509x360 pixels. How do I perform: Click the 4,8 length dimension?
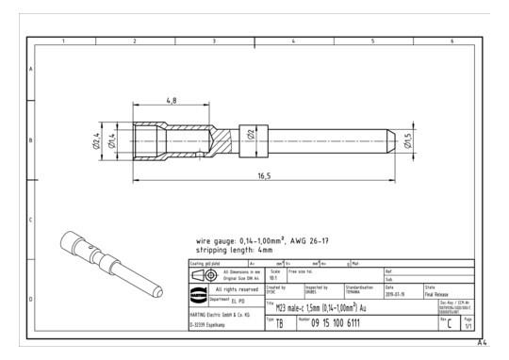pos(170,100)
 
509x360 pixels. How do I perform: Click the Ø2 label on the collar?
pos(251,135)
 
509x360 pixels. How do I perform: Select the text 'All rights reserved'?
pos(228,289)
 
